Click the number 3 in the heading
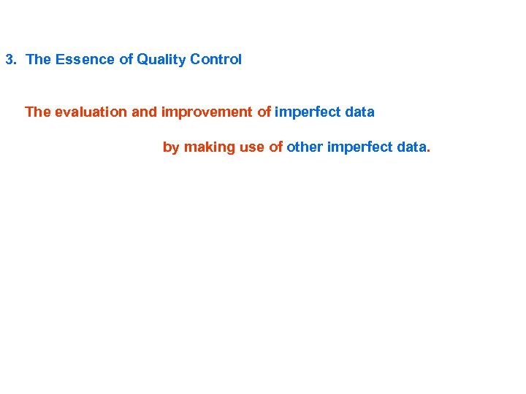9,60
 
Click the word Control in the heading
216,60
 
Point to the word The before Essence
37,60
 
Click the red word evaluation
91,112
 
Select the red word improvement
207,112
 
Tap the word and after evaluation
145,112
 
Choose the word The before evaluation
38,112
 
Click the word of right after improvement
264,112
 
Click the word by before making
171,147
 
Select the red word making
208,147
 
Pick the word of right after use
275,147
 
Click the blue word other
305,147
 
